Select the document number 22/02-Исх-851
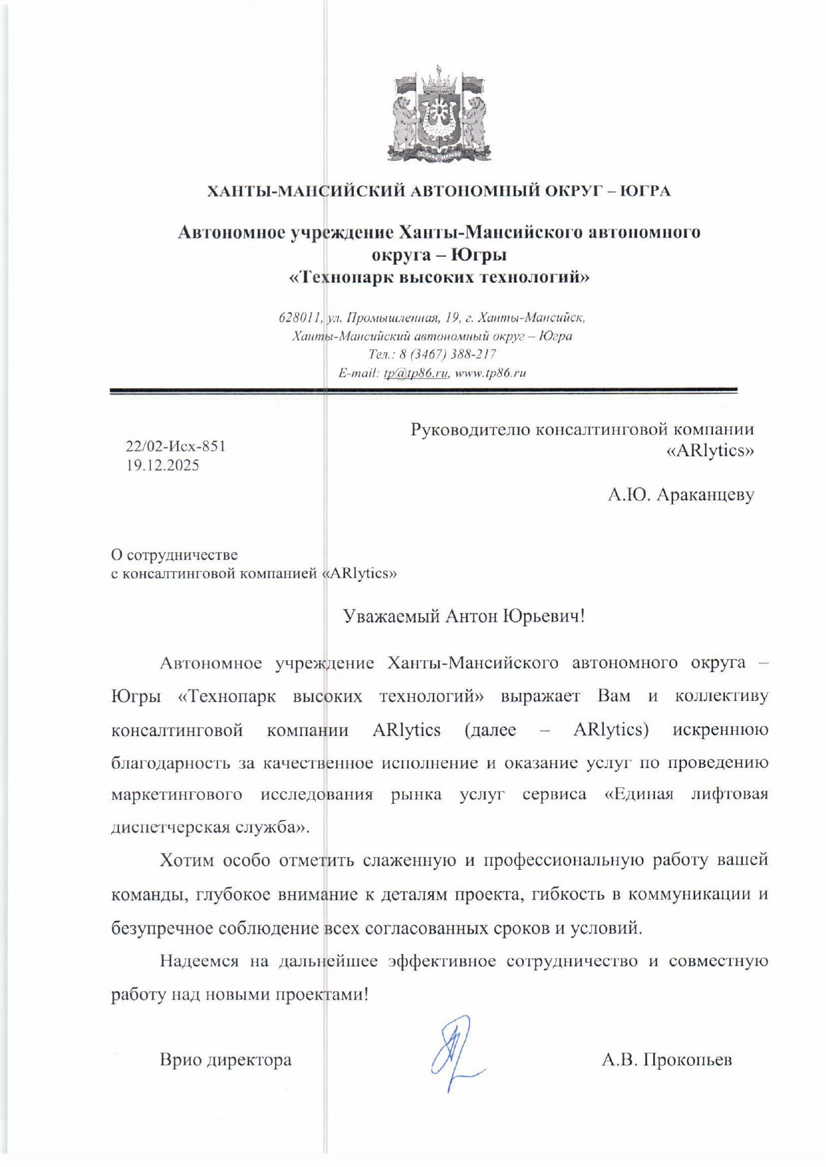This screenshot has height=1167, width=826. click(176, 446)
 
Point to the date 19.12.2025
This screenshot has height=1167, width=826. click(163, 465)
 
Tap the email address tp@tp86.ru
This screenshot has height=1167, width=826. click(416, 373)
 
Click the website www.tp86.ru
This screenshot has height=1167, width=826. click(490, 373)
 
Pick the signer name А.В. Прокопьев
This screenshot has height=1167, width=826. click(666, 1059)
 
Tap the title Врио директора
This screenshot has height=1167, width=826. click(225, 1059)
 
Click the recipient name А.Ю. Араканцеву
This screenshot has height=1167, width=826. click(680, 495)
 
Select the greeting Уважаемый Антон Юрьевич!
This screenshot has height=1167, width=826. click(464, 616)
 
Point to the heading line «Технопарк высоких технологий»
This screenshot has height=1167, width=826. click(439, 277)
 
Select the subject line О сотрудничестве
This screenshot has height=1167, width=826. click(174, 555)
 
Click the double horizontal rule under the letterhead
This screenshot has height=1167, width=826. click(423, 392)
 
